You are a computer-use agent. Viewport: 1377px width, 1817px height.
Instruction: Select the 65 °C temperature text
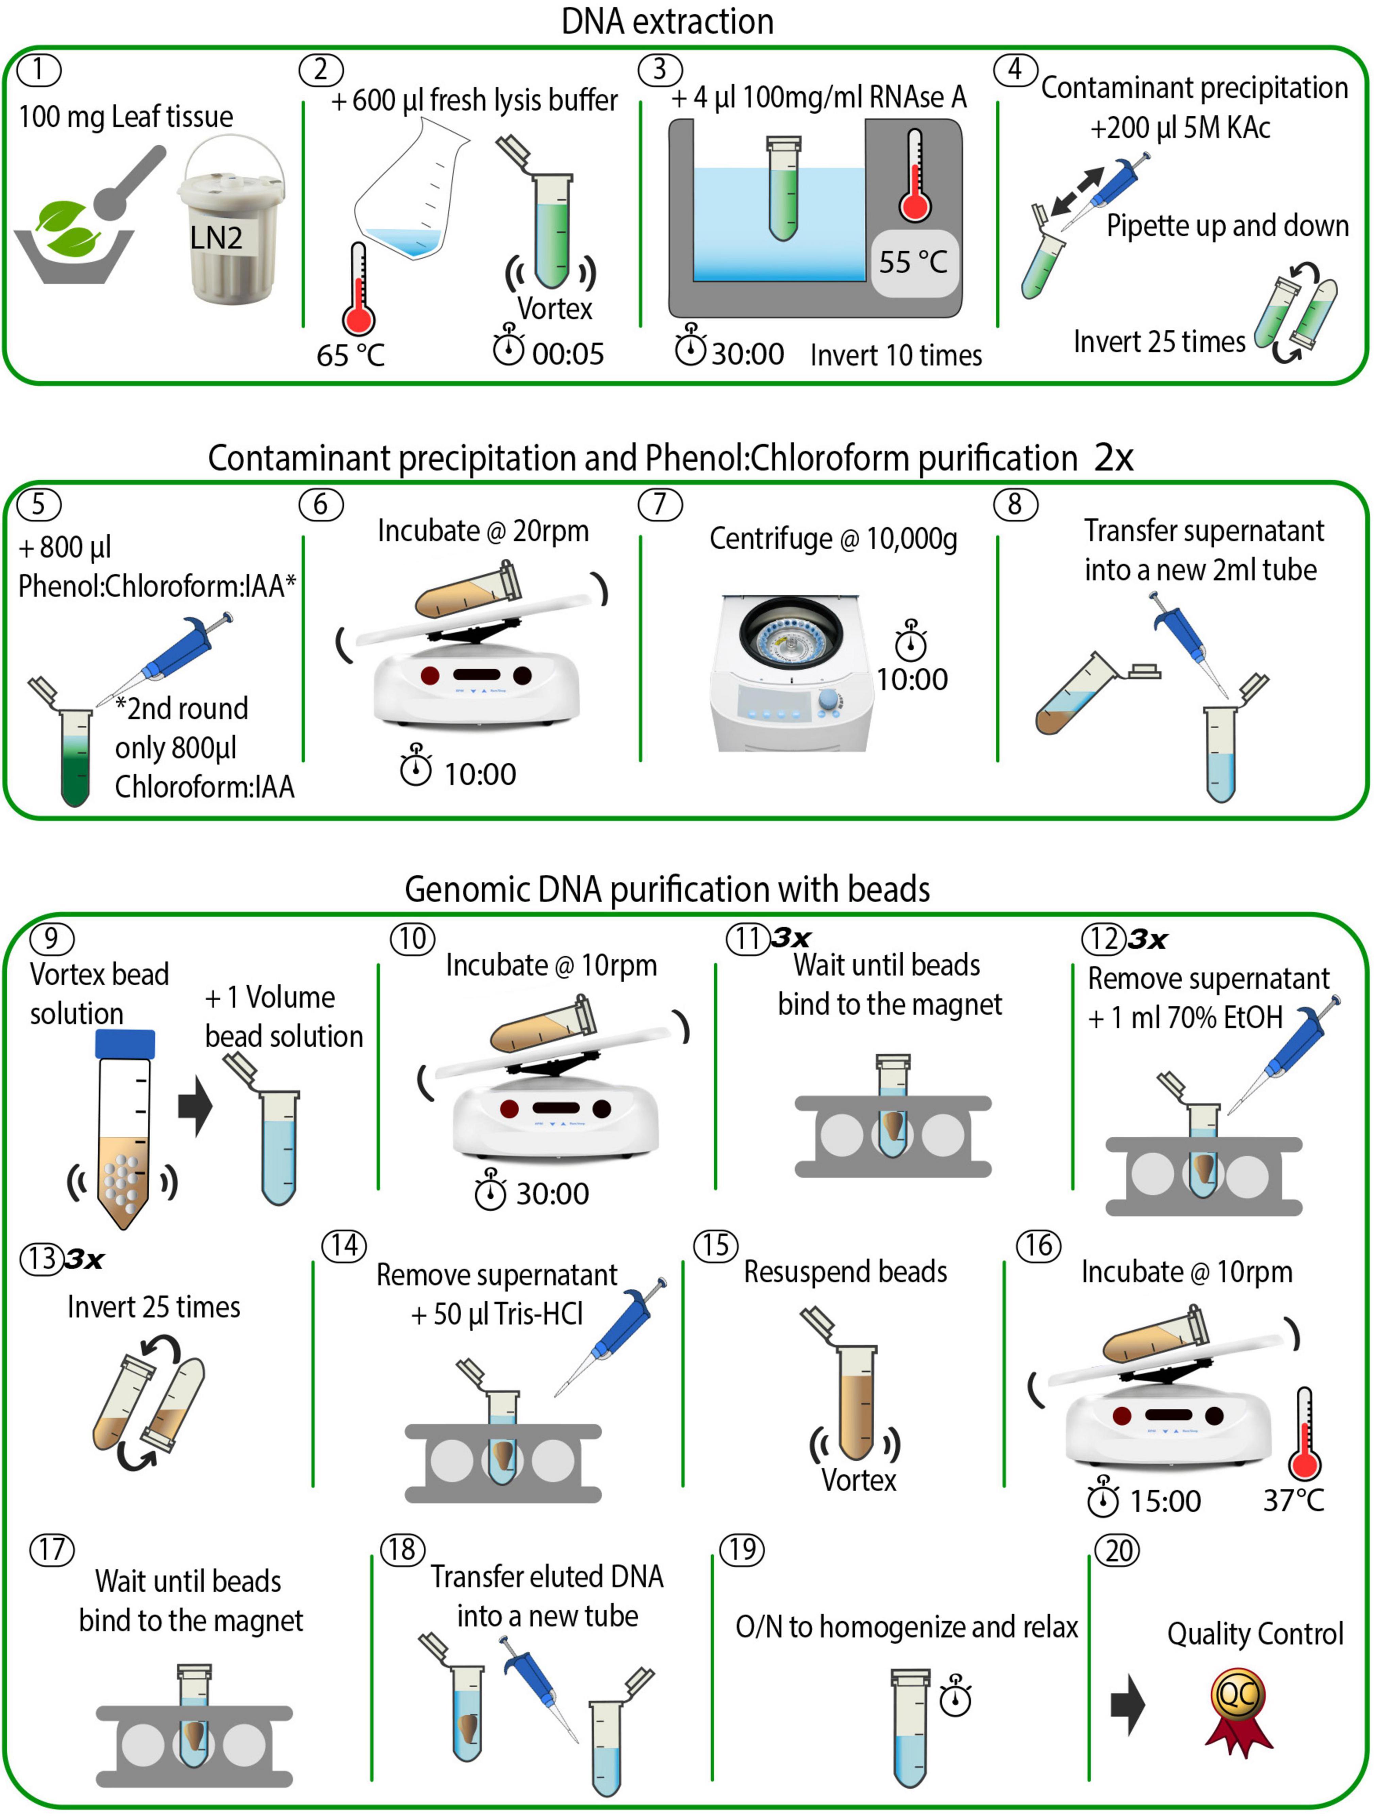[351, 355]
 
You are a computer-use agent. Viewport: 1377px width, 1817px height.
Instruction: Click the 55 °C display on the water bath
[913, 262]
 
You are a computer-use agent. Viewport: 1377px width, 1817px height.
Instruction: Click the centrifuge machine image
[790, 674]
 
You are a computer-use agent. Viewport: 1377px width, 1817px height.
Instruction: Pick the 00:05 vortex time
[567, 354]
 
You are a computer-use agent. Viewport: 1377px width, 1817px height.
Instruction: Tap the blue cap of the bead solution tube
[125, 1043]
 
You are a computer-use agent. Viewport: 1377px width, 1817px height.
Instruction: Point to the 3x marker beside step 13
[85, 1259]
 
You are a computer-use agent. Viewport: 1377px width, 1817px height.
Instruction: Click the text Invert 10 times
[896, 355]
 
